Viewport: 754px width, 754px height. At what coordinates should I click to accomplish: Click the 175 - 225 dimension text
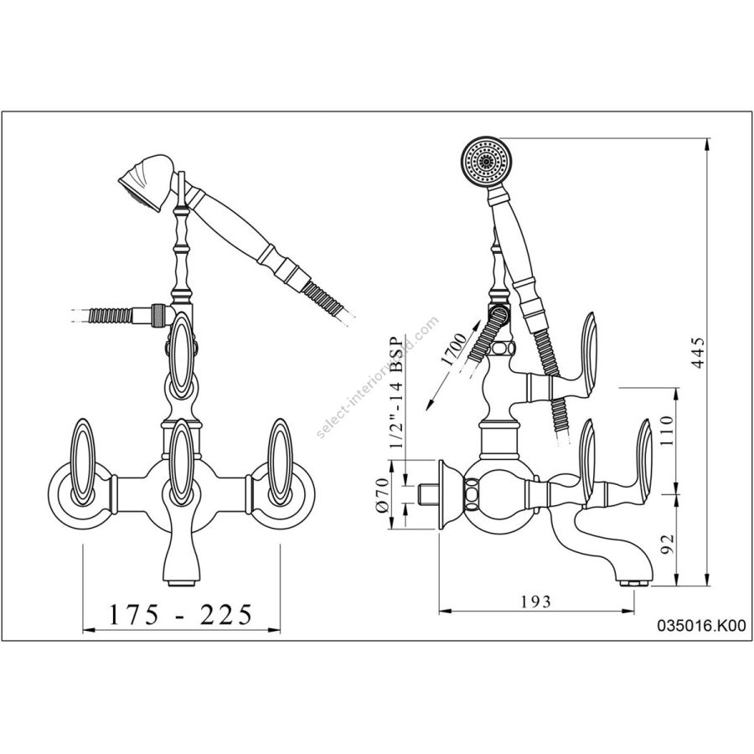coord(180,616)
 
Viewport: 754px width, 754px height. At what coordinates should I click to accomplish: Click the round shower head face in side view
coord(485,158)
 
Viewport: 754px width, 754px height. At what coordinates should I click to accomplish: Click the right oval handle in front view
coord(279,462)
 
